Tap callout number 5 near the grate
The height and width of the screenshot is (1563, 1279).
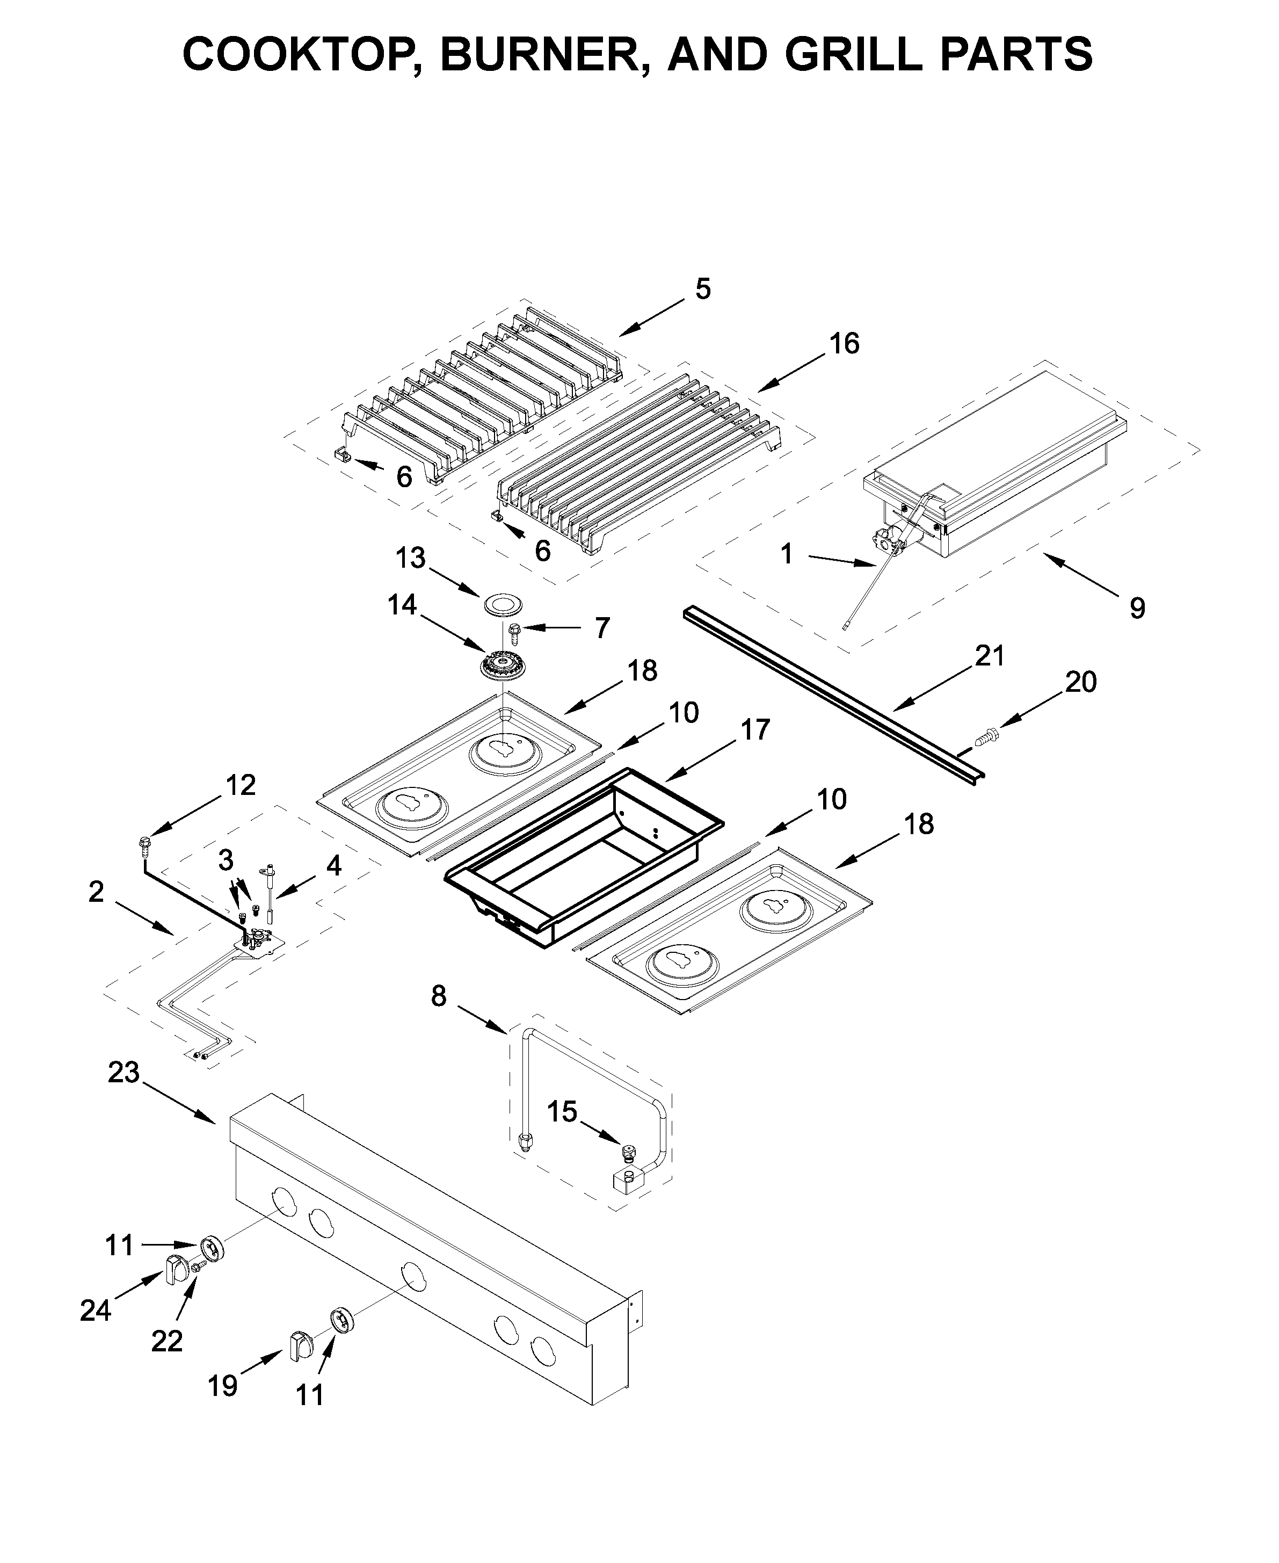point(703,290)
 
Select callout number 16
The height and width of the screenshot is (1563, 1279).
point(844,343)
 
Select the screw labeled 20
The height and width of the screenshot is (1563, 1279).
point(986,735)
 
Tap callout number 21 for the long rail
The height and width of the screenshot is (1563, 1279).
point(990,655)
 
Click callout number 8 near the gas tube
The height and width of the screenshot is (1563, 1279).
point(438,996)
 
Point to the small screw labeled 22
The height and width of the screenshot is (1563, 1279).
point(198,1266)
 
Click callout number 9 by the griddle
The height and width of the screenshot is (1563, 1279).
point(1137,608)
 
